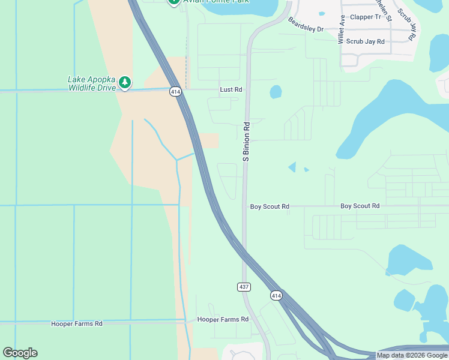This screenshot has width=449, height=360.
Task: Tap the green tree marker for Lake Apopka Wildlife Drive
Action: point(124,82)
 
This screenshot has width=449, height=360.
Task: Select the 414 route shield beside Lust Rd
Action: point(175,92)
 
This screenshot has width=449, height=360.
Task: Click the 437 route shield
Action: point(244,287)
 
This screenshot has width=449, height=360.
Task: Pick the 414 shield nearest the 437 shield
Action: point(276,295)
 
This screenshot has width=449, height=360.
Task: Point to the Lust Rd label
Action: point(231,89)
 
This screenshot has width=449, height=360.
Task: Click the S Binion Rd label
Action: point(246,142)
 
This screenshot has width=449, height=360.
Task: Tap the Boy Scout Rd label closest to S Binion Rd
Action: point(270,206)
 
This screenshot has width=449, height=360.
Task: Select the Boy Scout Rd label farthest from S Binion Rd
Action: point(360,206)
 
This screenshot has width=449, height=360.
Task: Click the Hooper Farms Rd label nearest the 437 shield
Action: point(223,320)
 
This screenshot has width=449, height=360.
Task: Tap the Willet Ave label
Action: point(341,29)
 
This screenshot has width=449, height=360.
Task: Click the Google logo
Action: point(20,353)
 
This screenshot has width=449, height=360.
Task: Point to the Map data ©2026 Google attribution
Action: point(411,355)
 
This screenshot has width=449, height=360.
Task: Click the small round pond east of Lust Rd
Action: point(276,92)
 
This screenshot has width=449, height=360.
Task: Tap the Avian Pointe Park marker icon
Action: point(173,2)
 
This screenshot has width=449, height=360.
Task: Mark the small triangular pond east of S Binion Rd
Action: point(292,167)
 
